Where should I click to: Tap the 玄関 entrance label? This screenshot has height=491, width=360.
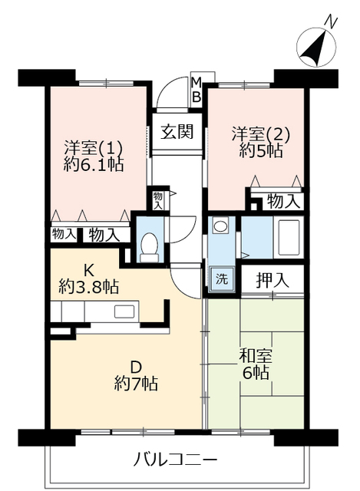[177, 130]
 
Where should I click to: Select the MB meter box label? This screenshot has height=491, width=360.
[196, 89]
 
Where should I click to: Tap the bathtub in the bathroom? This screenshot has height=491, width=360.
[289, 238]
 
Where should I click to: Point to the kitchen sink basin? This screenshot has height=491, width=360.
[125, 311]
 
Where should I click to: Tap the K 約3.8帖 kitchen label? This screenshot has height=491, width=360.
[88, 280]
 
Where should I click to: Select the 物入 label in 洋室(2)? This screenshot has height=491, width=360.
[282, 201]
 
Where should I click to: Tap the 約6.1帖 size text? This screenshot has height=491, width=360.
[94, 163]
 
